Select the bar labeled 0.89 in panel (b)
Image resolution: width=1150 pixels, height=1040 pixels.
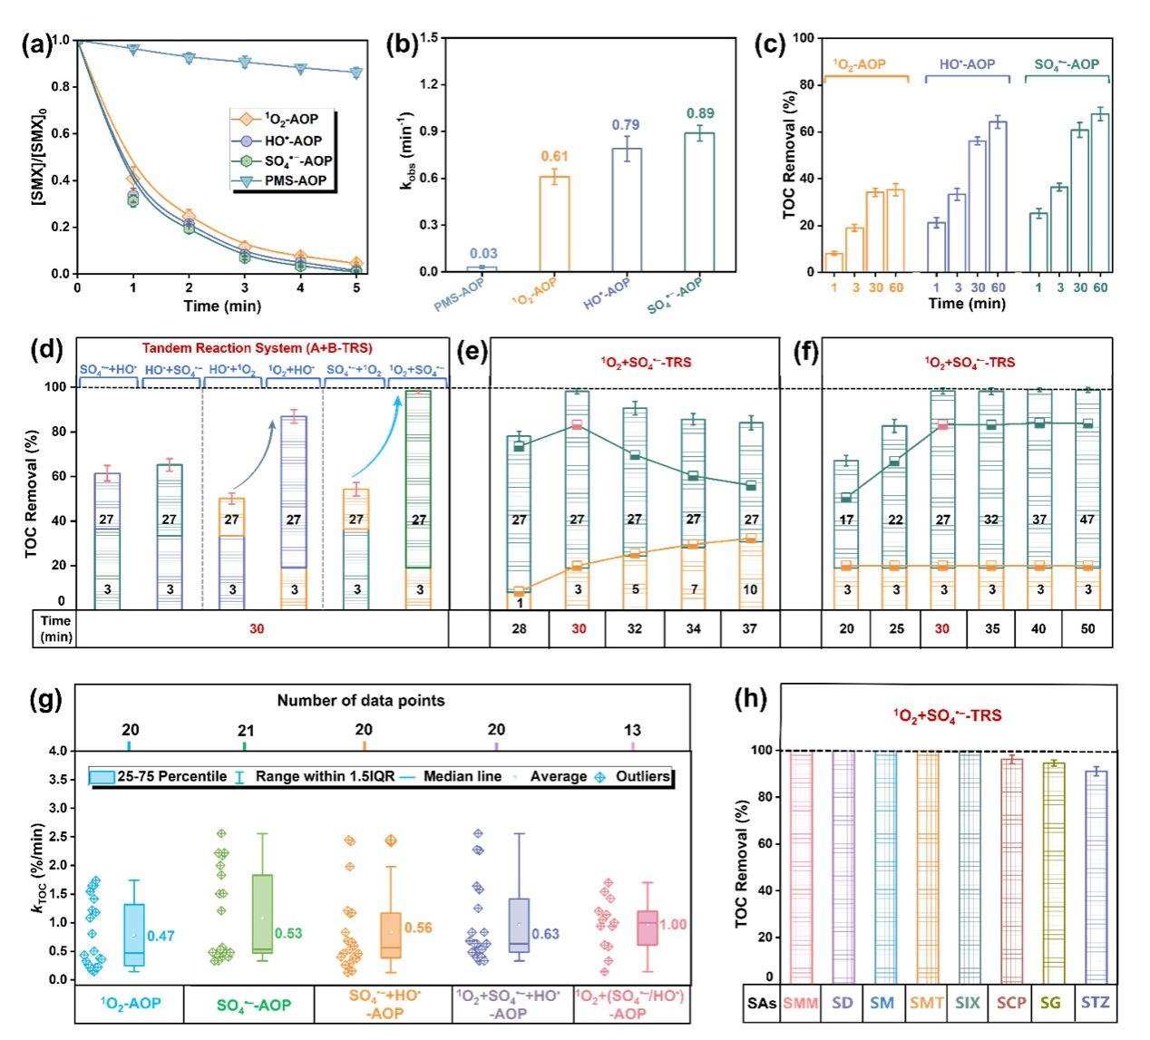(699, 202)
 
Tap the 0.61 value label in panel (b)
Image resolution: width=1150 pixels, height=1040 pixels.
(554, 157)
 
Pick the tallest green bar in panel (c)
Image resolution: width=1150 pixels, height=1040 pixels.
(1100, 192)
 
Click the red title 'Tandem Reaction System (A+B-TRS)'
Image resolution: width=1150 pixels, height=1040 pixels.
(257, 348)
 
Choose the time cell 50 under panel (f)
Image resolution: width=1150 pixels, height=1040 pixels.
(1088, 628)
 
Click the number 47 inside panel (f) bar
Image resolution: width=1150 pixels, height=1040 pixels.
(1087, 520)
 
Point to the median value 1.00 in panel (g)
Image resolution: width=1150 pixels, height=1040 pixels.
(672, 925)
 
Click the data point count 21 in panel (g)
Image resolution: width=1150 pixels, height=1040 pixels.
(245, 730)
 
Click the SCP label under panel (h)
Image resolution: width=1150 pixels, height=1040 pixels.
(1011, 1003)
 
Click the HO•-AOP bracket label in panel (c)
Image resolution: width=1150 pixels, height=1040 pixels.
(967, 64)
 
